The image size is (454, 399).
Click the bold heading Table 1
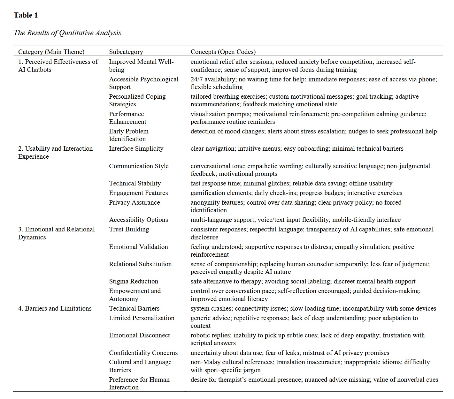(x=26, y=15)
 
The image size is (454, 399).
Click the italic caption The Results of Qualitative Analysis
(x=67, y=33)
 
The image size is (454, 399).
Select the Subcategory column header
(x=126, y=52)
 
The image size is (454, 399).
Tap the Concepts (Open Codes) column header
(x=223, y=52)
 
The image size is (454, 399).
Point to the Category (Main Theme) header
(x=51, y=52)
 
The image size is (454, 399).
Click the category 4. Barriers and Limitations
(x=55, y=308)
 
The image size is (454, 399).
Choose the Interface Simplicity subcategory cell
(x=136, y=148)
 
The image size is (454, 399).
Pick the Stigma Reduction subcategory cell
(x=134, y=281)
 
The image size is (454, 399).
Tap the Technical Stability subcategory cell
(x=135, y=183)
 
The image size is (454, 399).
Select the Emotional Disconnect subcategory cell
(x=139, y=335)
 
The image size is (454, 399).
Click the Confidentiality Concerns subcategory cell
(x=143, y=353)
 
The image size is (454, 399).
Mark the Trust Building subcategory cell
(x=129, y=229)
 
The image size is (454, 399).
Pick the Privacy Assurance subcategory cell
(x=134, y=202)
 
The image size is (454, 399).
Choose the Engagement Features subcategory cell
(x=138, y=193)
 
